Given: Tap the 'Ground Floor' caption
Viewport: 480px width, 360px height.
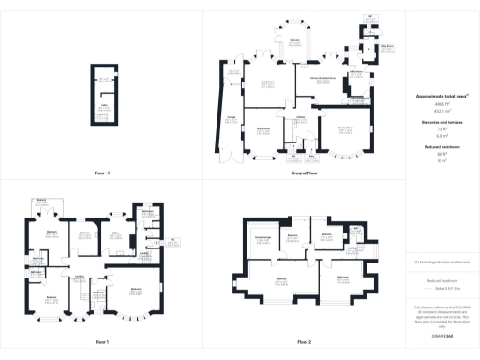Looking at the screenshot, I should (302, 173).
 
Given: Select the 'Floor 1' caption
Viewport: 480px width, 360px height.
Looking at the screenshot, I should (101, 341).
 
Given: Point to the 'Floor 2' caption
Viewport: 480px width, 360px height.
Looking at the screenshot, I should (302, 341).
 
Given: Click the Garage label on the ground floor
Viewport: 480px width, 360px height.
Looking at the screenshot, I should (230, 117).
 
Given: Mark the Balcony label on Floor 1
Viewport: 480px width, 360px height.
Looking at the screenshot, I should (41, 200).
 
